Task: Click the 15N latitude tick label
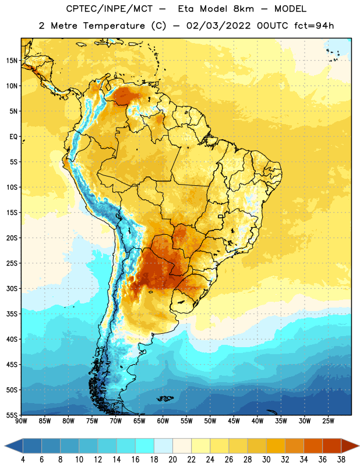click(x=12, y=61)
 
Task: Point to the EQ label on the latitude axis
click(x=13, y=137)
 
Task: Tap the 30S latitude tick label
click(x=12, y=289)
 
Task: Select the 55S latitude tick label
click(x=12, y=415)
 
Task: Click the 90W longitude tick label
click(x=21, y=421)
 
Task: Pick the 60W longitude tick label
click(x=163, y=421)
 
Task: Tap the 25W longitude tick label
click(x=328, y=421)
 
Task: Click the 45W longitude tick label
click(x=234, y=421)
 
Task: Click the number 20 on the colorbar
click(x=172, y=460)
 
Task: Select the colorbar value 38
click(x=341, y=460)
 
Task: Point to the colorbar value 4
click(x=23, y=460)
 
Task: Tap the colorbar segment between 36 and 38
click(x=332, y=446)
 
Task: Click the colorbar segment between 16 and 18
click(x=145, y=446)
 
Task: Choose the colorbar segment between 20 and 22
click(x=182, y=446)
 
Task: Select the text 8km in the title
click(x=243, y=9)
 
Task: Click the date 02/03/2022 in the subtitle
click(x=218, y=26)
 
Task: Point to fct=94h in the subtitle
click(x=314, y=26)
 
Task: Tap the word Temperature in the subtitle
click(x=114, y=26)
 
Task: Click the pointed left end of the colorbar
click(x=5, y=446)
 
